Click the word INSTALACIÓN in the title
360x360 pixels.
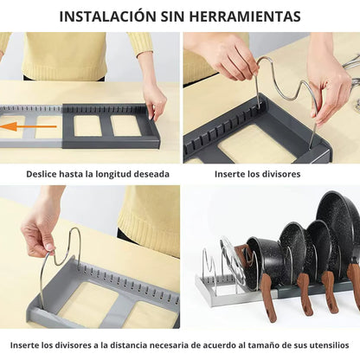click(x=107, y=16)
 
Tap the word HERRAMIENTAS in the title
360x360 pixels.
click(x=245, y=16)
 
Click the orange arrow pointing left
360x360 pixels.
click(x=28, y=126)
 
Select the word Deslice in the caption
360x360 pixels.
click(x=42, y=174)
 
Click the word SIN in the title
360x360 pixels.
click(x=173, y=16)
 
